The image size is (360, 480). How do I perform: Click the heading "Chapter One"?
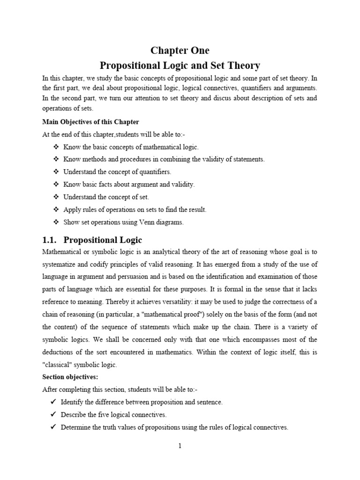[x=180, y=50]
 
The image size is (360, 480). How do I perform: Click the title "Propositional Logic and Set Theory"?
[x=180, y=65]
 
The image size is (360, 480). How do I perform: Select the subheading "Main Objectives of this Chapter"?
[x=90, y=122]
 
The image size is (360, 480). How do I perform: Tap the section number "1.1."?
[x=49, y=240]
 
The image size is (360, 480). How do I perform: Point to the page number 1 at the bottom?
[x=180, y=446]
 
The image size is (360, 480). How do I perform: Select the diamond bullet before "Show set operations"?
[x=56, y=223]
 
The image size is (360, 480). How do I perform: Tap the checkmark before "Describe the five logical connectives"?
[x=52, y=415]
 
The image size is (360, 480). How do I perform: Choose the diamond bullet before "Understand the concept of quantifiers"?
[x=56, y=172]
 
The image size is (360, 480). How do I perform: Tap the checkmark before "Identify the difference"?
[x=52, y=402]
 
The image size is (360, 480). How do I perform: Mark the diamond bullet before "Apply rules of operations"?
[x=56, y=210]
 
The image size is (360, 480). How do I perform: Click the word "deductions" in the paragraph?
[x=59, y=352]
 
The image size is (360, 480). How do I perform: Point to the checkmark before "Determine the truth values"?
[x=52, y=427]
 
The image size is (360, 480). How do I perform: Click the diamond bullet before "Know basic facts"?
[x=56, y=185]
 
